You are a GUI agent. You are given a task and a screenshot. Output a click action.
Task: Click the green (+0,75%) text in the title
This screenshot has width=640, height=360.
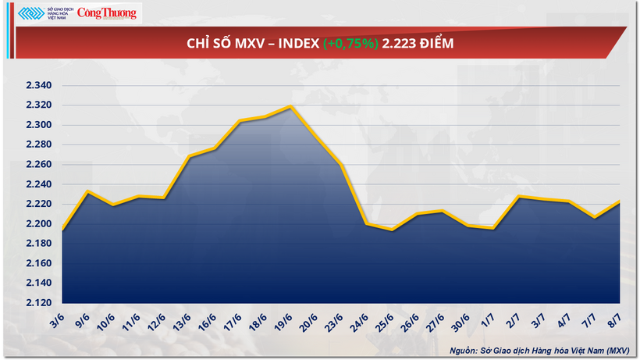pos(348,44)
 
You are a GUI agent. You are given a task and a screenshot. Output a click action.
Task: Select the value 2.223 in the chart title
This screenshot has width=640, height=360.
pos(396,44)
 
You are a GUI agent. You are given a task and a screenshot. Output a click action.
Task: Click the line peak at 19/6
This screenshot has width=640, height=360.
pos(290,106)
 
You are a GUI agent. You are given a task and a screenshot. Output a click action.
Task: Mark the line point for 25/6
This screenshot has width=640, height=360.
pos(392,230)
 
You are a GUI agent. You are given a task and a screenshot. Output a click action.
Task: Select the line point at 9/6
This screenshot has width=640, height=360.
pos(87,191)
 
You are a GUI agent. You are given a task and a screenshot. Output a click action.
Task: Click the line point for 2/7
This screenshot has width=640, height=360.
pos(518,197)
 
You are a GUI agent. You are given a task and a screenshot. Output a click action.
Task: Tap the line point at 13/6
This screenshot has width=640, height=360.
pos(189,156)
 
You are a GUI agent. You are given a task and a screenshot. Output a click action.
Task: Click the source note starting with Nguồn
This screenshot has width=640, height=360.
pos(539,350)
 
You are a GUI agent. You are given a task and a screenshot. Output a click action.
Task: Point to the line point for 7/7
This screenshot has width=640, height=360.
pos(594,217)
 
